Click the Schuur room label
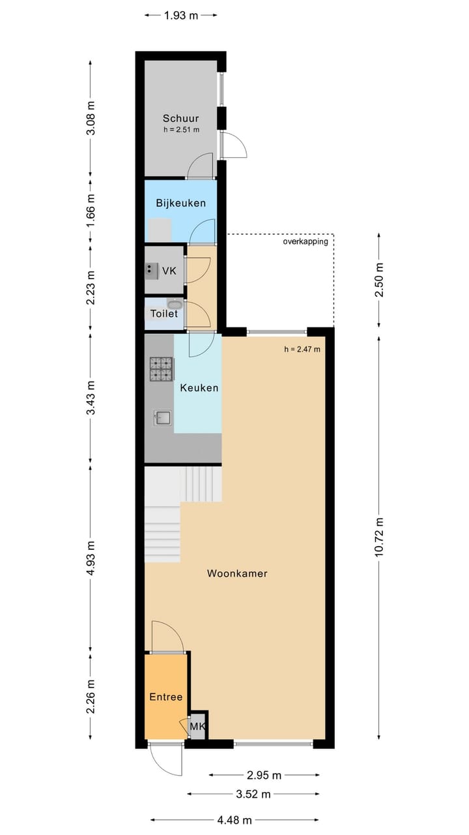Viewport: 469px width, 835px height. coord(180,119)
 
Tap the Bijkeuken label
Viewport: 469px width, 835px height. coord(180,203)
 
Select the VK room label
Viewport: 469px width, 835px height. coord(169,270)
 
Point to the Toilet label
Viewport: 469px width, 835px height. coord(163,314)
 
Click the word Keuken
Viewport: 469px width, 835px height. coord(199,387)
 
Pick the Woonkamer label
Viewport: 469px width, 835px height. coord(237,574)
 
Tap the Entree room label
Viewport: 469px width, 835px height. coord(165,697)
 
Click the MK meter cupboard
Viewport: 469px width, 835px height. coord(197,726)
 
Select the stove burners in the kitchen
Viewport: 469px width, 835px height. coord(162,369)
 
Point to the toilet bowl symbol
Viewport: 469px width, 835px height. coord(175,304)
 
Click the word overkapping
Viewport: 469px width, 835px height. coord(305,242)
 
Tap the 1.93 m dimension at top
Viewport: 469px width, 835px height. coord(180,16)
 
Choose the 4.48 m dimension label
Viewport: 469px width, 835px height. coord(235,820)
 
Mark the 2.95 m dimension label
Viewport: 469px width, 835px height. coord(264,775)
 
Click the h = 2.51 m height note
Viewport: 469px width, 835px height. coord(180,130)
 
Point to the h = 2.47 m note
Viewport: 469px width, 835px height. coord(302,349)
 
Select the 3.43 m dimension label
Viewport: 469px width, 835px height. coord(91,398)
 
